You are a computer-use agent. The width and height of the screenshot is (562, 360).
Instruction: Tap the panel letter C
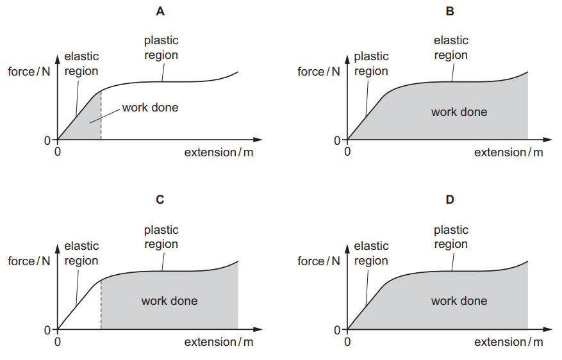pyautogui.click(x=160, y=199)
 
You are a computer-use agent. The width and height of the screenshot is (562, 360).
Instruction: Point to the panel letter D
pyautogui.click(x=450, y=199)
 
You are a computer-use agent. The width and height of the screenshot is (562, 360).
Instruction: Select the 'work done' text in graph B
pyautogui.click(x=459, y=112)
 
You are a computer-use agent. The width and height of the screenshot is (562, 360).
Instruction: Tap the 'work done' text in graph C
pyautogui.click(x=169, y=301)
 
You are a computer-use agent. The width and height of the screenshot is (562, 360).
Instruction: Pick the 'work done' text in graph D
pyautogui.click(x=459, y=301)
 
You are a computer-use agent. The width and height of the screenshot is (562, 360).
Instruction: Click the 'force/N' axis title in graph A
pyautogui.click(x=29, y=71)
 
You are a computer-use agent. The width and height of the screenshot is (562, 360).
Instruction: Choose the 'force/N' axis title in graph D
pyautogui.click(x=319, y=261)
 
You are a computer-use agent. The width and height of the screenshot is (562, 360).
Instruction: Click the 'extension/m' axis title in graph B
pyautogui.click(x=508, y=152)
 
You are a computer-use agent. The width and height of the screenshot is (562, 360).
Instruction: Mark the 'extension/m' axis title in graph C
pyautogui.click(x=219, y=341)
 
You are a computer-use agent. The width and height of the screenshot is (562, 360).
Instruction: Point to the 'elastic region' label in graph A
pyautogui.click(x=81, y=63)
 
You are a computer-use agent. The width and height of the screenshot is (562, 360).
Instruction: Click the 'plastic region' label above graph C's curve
pyautogui.click(x=161, y=237)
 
